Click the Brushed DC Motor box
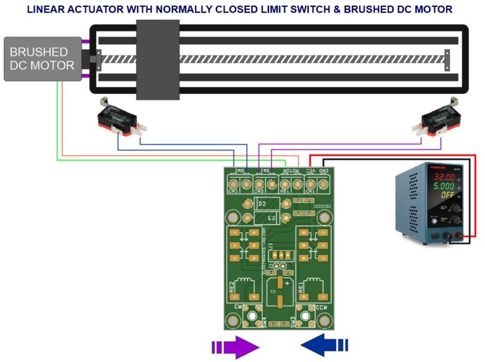tap(42, 59)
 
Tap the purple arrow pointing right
tap(236, 346)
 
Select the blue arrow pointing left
tap(324, 345)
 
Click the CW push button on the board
tap(251, 316)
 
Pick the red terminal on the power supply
tap(464, 237)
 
